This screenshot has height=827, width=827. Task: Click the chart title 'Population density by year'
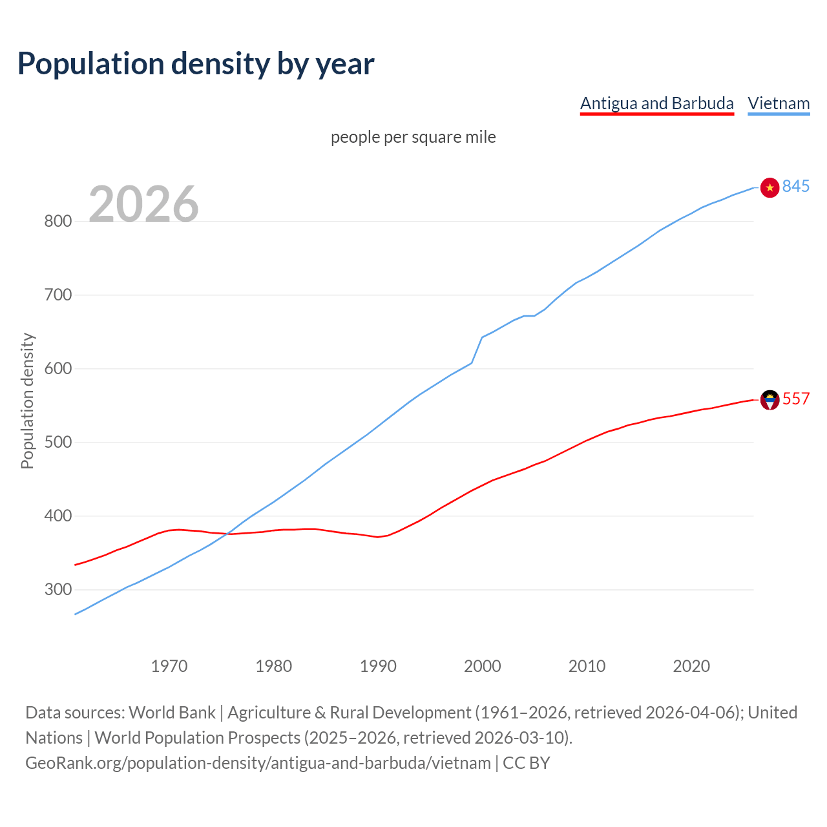[196, 64]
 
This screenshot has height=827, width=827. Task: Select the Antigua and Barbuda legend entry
[656, 103]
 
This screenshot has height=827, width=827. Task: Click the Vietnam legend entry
[779, 103]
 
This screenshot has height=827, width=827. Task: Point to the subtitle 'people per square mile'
[413, 137]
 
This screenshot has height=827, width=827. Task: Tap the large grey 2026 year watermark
[143, 204]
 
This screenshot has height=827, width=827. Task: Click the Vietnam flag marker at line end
[769, 187]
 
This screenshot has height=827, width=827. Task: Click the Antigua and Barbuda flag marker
[769, 400]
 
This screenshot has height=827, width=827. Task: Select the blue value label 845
[796, 186]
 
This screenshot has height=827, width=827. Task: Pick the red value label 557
[796, 399]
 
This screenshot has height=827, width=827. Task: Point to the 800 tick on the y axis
[57, 221]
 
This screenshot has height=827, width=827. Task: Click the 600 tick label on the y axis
[57, 368]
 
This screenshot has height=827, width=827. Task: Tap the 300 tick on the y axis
[57, 589]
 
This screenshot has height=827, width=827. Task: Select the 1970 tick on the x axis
[169, 666]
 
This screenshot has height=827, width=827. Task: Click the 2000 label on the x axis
[483, 666]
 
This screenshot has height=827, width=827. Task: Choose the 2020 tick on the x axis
[691, 666]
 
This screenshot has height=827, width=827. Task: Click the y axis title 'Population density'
[27, 401]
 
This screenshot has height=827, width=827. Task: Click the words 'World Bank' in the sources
[172, 712]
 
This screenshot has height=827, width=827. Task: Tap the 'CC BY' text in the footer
[526, 762]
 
